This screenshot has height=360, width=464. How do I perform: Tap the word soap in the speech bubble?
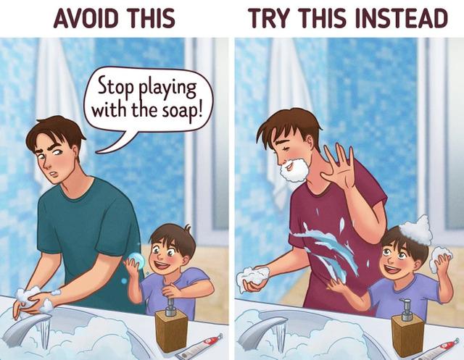173,114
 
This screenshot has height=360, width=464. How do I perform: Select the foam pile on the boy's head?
415,230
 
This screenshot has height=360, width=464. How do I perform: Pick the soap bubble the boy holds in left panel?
134,261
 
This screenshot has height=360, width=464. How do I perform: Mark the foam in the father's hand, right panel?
253,277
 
